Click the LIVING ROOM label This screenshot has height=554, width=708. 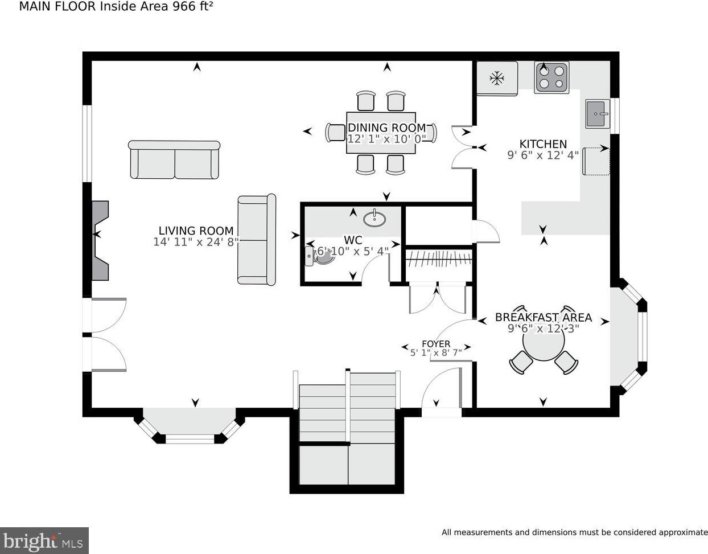click(196, 231)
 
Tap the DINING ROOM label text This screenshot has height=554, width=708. click(387, 128)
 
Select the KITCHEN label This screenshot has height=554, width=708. click(543, 143)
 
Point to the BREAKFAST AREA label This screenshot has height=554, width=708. click(544, 317)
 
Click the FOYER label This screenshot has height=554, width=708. click(436, 344)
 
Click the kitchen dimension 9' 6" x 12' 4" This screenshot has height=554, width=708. click(543, 155)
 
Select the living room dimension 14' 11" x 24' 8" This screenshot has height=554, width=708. click(196, 242)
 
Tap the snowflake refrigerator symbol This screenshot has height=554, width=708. click(497, 79)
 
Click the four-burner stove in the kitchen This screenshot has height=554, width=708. click(551, 77)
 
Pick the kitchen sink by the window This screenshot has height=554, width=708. click(598, 114)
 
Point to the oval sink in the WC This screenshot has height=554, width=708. click(374, 218)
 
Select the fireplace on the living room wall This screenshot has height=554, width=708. click(100, 240)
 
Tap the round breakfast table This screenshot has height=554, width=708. click(544, 342)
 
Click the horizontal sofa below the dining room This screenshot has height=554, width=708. click(174, 159)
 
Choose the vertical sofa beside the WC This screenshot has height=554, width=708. click(257, 240)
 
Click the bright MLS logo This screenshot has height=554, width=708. click(44, 540)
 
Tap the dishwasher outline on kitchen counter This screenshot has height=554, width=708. click(596, 161)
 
